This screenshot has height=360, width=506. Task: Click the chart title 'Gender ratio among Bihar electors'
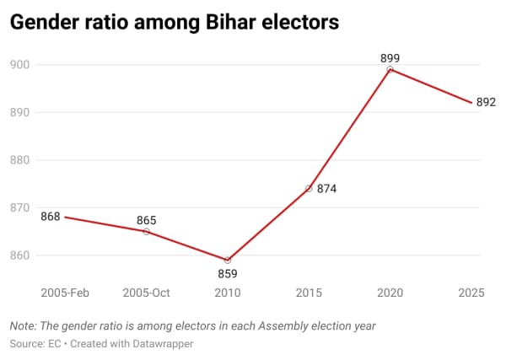pos(174,23)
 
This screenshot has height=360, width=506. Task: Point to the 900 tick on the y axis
pos(20,65)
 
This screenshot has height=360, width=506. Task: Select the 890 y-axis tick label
pos(20,112)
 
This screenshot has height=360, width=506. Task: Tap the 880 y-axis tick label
pos(20,160)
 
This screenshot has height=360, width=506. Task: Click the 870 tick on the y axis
pos(20,207)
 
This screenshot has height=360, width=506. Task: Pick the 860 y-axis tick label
pos(20,255)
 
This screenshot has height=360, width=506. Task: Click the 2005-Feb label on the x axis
pos(65,293)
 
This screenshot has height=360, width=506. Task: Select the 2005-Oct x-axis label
pos(146,293)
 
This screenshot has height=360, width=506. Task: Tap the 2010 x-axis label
pos(228,293)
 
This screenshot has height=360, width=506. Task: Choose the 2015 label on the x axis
pos(309,293)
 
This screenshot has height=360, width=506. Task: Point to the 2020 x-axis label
pos(390,293)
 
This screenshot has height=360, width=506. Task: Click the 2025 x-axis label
pos(470,293)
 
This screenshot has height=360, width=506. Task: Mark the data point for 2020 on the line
pos(390,69)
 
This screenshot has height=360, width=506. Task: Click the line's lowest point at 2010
pos(228,260)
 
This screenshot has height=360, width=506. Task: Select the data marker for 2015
pos(309,189)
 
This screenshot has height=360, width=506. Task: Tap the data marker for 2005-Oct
pos(146,231)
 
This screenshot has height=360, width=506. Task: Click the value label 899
pos(390,58)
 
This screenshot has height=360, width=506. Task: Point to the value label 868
pos(51,217)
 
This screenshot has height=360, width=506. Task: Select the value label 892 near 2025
pos(486,103)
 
